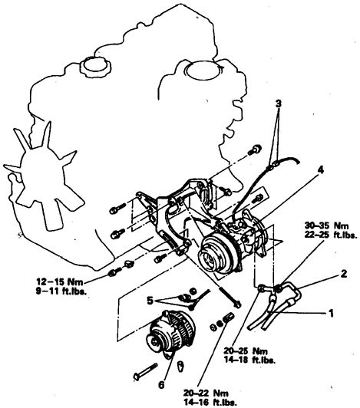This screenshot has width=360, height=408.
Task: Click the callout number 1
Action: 331,313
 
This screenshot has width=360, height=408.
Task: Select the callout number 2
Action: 344,274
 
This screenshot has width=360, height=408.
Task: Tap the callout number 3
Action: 279,104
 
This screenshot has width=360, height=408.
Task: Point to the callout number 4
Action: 320,170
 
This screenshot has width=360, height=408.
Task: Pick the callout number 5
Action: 150,301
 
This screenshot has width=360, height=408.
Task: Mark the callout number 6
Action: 161,384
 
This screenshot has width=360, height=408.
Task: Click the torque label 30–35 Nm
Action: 327,225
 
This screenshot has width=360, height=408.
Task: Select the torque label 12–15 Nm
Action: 60,281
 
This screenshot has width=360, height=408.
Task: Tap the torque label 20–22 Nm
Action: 206,393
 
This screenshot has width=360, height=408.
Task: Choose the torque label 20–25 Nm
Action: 246,351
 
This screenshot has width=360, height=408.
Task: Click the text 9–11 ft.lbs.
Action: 61,291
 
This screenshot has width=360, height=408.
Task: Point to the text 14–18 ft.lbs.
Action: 249,360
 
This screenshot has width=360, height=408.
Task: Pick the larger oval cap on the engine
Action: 200,71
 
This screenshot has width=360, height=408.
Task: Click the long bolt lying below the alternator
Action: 146,373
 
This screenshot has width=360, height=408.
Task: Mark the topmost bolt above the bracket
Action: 255,150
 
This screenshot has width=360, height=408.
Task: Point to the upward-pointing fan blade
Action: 47,137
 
